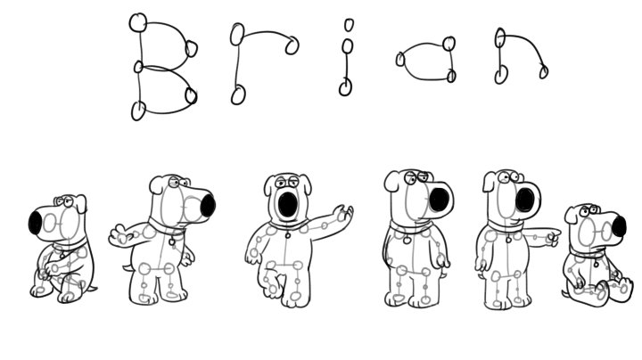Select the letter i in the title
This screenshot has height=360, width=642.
346,57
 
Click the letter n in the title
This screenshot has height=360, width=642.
501,53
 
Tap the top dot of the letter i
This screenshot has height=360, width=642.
349,25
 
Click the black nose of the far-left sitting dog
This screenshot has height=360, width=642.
35,223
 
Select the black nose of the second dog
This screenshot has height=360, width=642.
208,205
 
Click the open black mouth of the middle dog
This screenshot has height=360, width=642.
288,205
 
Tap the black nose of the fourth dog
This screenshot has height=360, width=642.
440,199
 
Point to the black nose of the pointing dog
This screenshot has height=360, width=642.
525,200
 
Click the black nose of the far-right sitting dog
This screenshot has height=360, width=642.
619,225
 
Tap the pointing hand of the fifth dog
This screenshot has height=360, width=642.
552,237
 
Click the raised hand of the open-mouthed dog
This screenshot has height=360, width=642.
343,213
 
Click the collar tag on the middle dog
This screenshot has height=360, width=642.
288,235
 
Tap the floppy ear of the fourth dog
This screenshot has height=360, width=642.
391,181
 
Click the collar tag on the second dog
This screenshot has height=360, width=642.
172,241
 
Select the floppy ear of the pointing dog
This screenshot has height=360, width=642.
489,182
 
